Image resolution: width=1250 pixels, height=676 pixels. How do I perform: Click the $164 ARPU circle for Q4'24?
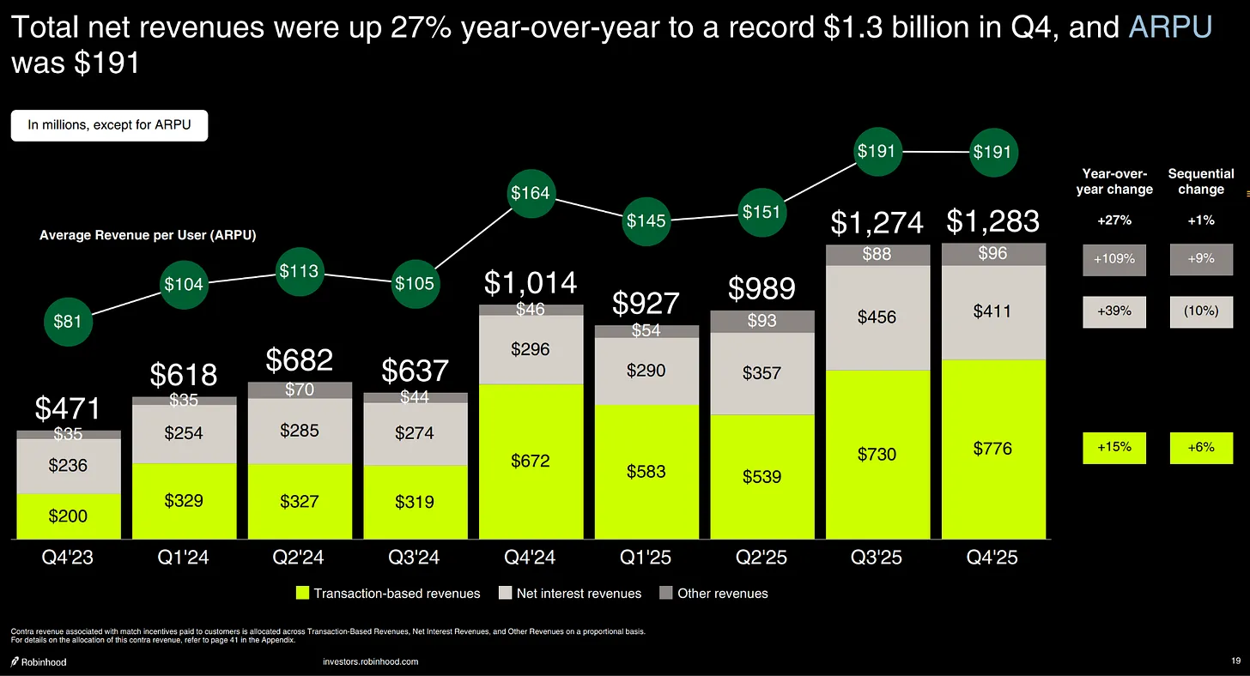pyautogui.click(x=531, y=192)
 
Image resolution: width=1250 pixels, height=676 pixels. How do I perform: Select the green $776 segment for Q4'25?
pyautogui.click(x=993, y=448)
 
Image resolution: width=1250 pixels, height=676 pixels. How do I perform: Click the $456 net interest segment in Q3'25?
pyautogui.click(x=877, y=317)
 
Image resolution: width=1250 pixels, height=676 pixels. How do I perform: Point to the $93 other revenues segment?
pyautogui.click(x=762, y=321)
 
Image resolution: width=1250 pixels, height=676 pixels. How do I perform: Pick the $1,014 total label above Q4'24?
pyautogui.click(x=531, y=282)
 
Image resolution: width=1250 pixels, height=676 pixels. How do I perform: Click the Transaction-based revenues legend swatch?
pyautogui.click(x=301, y=593)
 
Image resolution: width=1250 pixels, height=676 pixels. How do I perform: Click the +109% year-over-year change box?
pyautogui.click(x=1113, y=259)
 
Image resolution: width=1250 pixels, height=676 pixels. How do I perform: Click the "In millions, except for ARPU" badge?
pyautogui.click(x=109, y=125)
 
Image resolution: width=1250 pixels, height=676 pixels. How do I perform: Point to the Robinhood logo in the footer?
pyautogui.click(x=39, y=661)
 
